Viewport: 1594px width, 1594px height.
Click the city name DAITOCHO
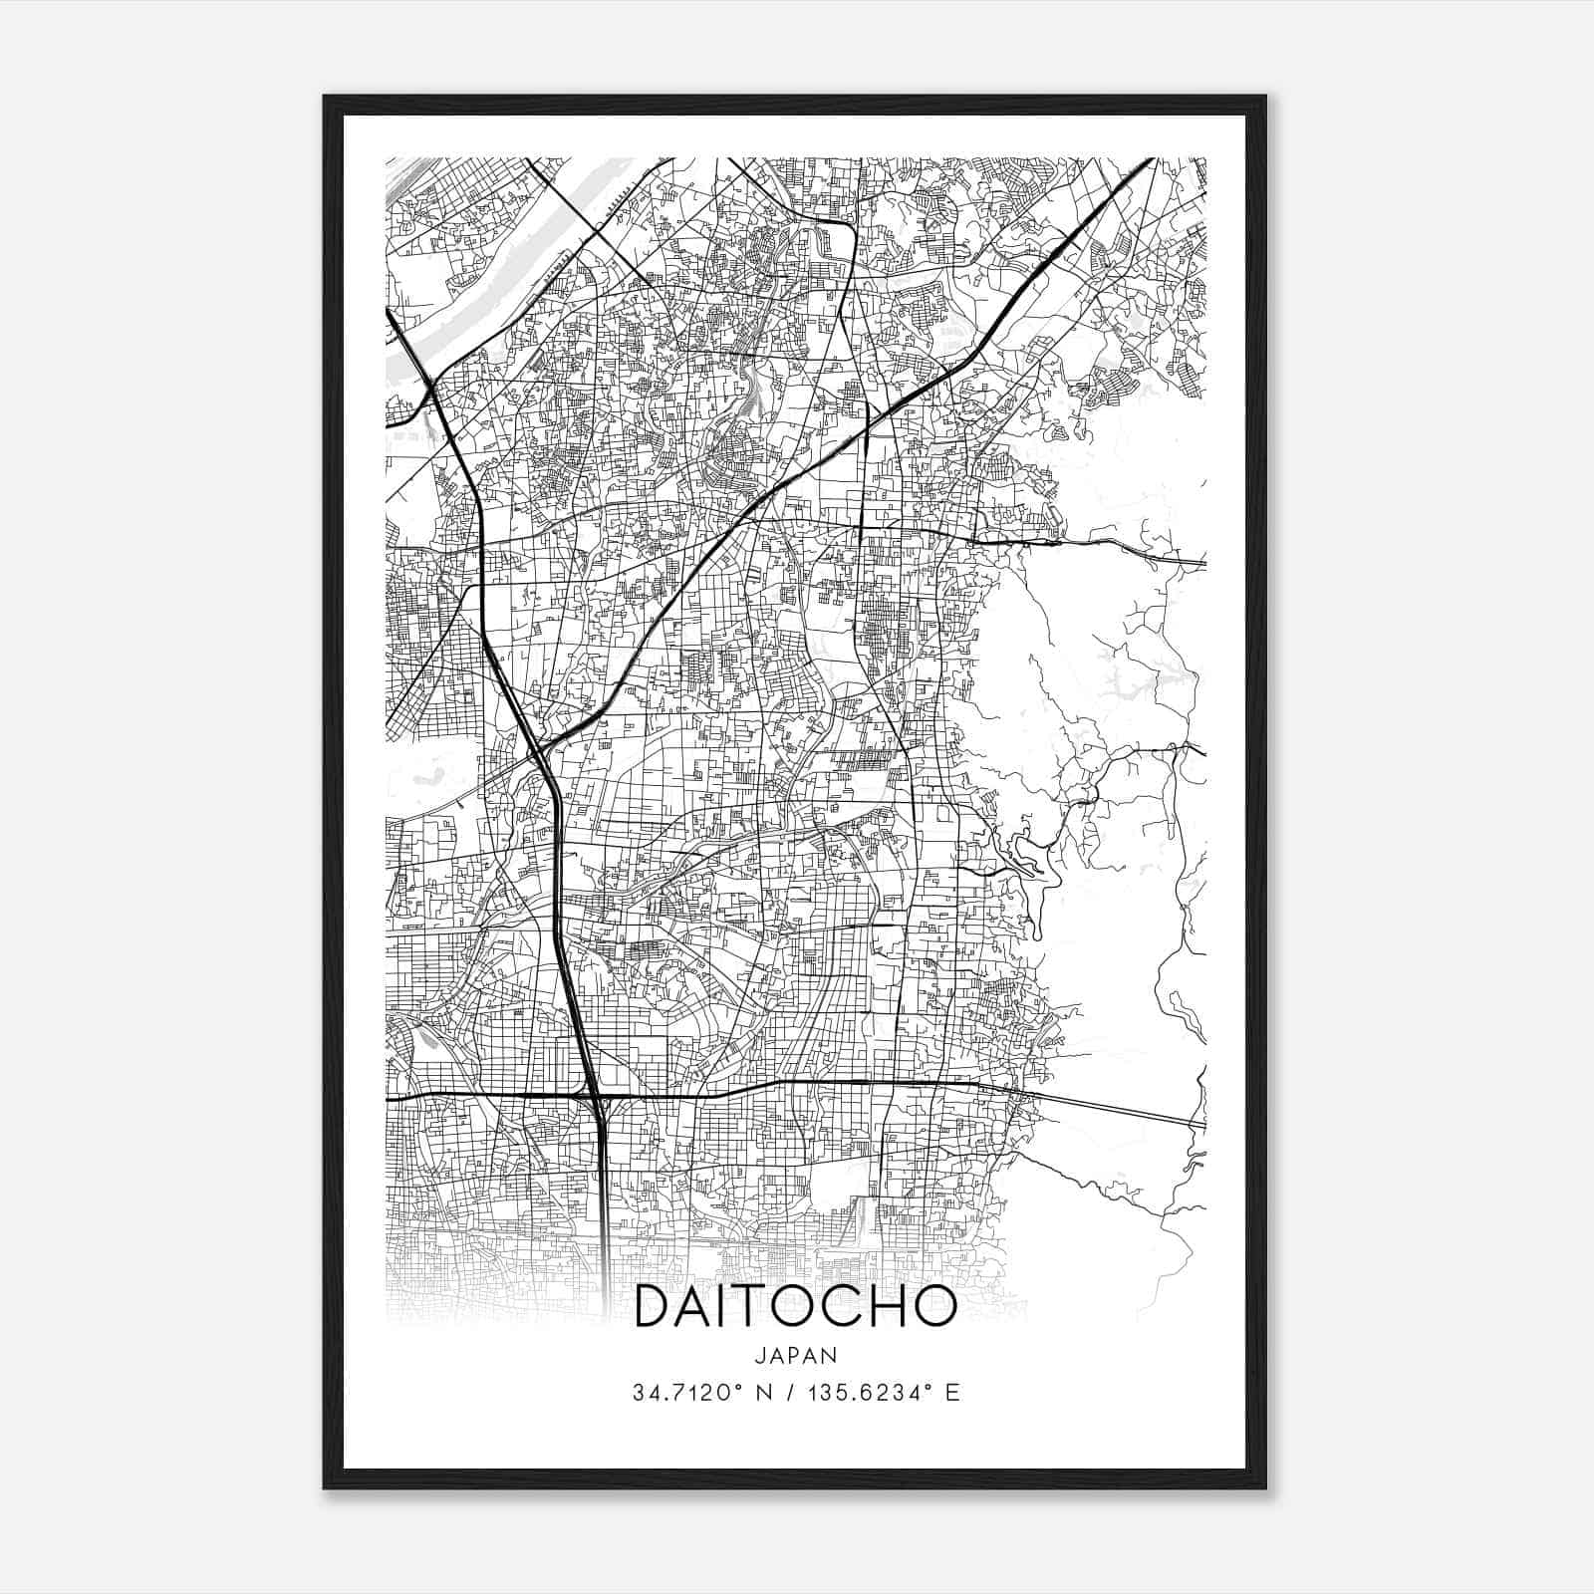[x=795, y=1308]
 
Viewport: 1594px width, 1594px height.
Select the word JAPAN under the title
[x=795, y=1355]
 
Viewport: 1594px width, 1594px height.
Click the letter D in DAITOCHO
[x=655, y=1308]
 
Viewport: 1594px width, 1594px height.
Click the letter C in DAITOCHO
[x=844, y=1308]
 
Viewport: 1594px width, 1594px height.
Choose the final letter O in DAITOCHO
[x=934, y=1308]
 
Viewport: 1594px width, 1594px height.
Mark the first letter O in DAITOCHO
[x=803, y=1308]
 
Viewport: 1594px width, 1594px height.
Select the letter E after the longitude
[x=952, y=1393]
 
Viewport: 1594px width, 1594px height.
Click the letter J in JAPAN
[x=761, y=1355]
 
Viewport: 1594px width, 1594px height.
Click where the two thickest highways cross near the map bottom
[x=599, y=1097]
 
